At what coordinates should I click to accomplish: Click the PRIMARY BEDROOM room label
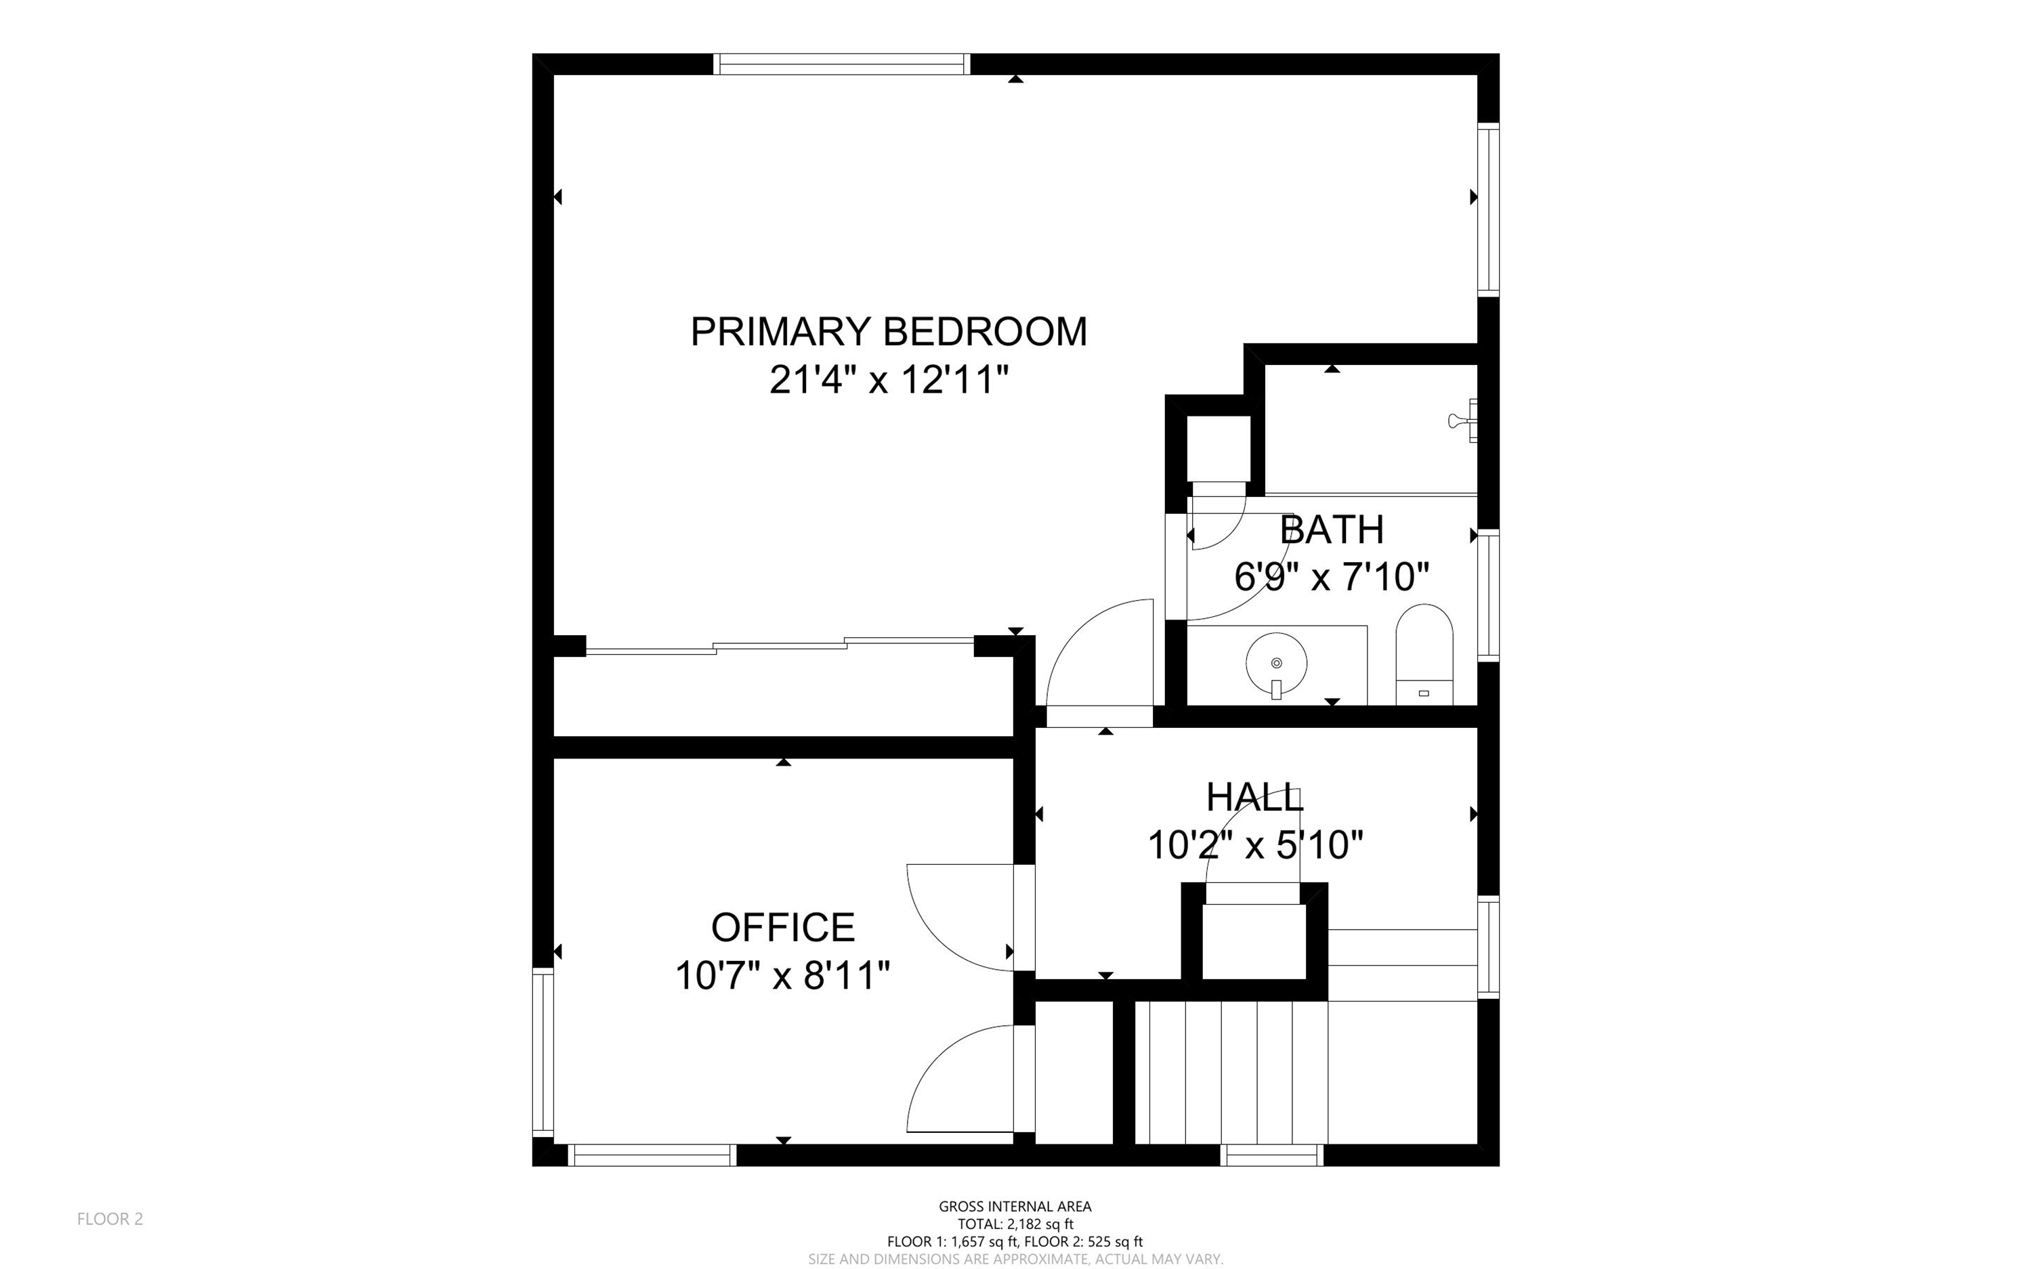coord(889,332)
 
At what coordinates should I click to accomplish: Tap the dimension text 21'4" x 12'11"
coord(889,379)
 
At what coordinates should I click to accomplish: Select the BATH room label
coord(1332,530)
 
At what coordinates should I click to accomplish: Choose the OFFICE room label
coord(783,928)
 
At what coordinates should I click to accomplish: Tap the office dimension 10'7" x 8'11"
coord(783,975)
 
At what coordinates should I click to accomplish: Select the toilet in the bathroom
coord(1424,655)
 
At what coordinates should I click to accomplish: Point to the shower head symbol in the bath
coord(1463,421)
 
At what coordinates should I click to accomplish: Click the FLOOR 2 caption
coord(110,1219)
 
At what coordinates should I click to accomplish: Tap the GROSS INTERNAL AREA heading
coord(1015,1206)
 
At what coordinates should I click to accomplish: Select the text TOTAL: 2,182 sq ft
coord(1015,1224)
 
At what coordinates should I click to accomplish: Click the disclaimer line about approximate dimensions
coord(1015,1259)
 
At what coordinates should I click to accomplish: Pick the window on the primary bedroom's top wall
coord(842,64)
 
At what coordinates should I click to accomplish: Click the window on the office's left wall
coord(543,1052)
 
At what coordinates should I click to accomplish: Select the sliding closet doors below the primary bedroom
coord(780,645)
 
